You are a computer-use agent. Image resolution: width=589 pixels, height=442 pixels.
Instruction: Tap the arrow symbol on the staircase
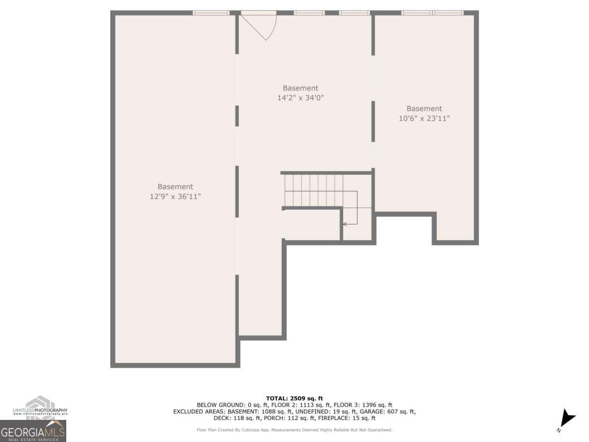(345, 224)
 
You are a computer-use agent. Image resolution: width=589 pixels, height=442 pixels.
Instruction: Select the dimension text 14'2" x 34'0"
(300, 98)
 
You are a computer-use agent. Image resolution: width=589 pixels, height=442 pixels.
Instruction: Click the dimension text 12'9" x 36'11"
(175, 196)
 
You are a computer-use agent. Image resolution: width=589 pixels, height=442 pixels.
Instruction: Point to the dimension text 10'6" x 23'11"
(424, 118)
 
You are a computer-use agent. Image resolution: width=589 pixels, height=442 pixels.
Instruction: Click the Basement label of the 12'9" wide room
(175, 187)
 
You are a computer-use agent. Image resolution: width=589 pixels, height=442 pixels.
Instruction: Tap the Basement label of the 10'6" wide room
(424, 109)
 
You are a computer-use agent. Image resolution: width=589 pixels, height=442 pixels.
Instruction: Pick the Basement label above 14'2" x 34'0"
(300, 88)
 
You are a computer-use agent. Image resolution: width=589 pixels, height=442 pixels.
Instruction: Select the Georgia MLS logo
(33, 431)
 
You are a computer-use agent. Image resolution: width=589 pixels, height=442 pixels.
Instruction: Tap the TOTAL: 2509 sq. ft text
(294, 398)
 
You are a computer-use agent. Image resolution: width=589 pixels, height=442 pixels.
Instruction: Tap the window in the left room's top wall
(211, 13)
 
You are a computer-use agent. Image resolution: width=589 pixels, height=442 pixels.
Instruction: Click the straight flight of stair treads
(314, 190)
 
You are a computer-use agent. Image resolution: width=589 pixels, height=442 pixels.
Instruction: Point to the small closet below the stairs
(313, 225)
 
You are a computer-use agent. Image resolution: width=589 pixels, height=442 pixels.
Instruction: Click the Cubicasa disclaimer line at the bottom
(294, 430)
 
